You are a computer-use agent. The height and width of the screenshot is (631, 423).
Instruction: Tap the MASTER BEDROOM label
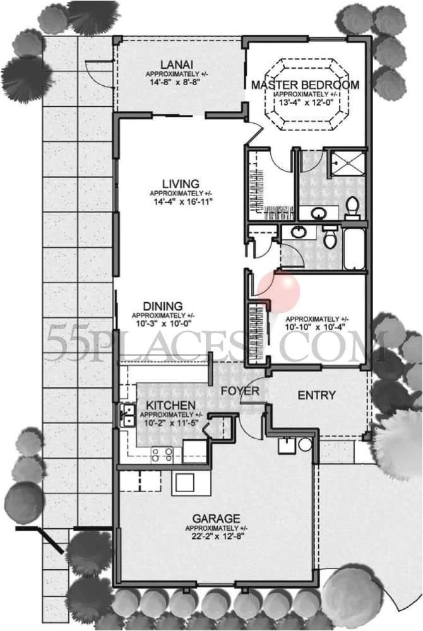coord(305,85)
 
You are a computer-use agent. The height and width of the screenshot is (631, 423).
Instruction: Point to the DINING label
coord(163,306)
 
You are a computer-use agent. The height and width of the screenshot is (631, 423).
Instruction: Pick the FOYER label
coord(239,391)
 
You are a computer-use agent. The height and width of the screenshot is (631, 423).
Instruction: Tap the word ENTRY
coord(316,396)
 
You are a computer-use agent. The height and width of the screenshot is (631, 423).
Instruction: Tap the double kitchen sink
coord(127,415)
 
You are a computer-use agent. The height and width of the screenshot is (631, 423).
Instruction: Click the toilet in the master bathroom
coord(353,206)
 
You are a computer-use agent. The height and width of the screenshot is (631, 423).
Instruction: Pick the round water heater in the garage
coord(305,444)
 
